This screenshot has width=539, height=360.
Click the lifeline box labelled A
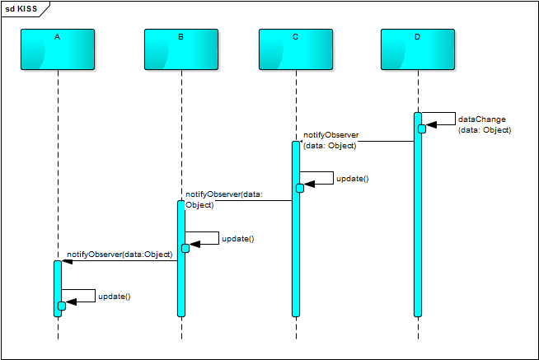point(58,49)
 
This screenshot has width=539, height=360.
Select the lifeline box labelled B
point(180,49)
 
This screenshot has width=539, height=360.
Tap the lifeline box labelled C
point(295,49)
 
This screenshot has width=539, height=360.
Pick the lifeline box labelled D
point(418,49)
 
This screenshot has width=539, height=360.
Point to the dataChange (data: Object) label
point(484,124)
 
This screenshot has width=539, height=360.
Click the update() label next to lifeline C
point(352,178)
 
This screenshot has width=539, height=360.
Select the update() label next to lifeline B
point(237,239)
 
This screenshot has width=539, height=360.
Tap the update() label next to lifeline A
point(114,296)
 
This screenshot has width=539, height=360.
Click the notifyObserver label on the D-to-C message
point(330,139)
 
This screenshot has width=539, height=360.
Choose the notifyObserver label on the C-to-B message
point(223,199)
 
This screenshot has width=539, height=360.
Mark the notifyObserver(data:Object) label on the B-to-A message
point(119,255)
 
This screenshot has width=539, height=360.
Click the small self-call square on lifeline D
point(422,129)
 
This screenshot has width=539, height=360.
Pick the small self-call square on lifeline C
point(300,188)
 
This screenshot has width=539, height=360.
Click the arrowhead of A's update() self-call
point(71,302)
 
